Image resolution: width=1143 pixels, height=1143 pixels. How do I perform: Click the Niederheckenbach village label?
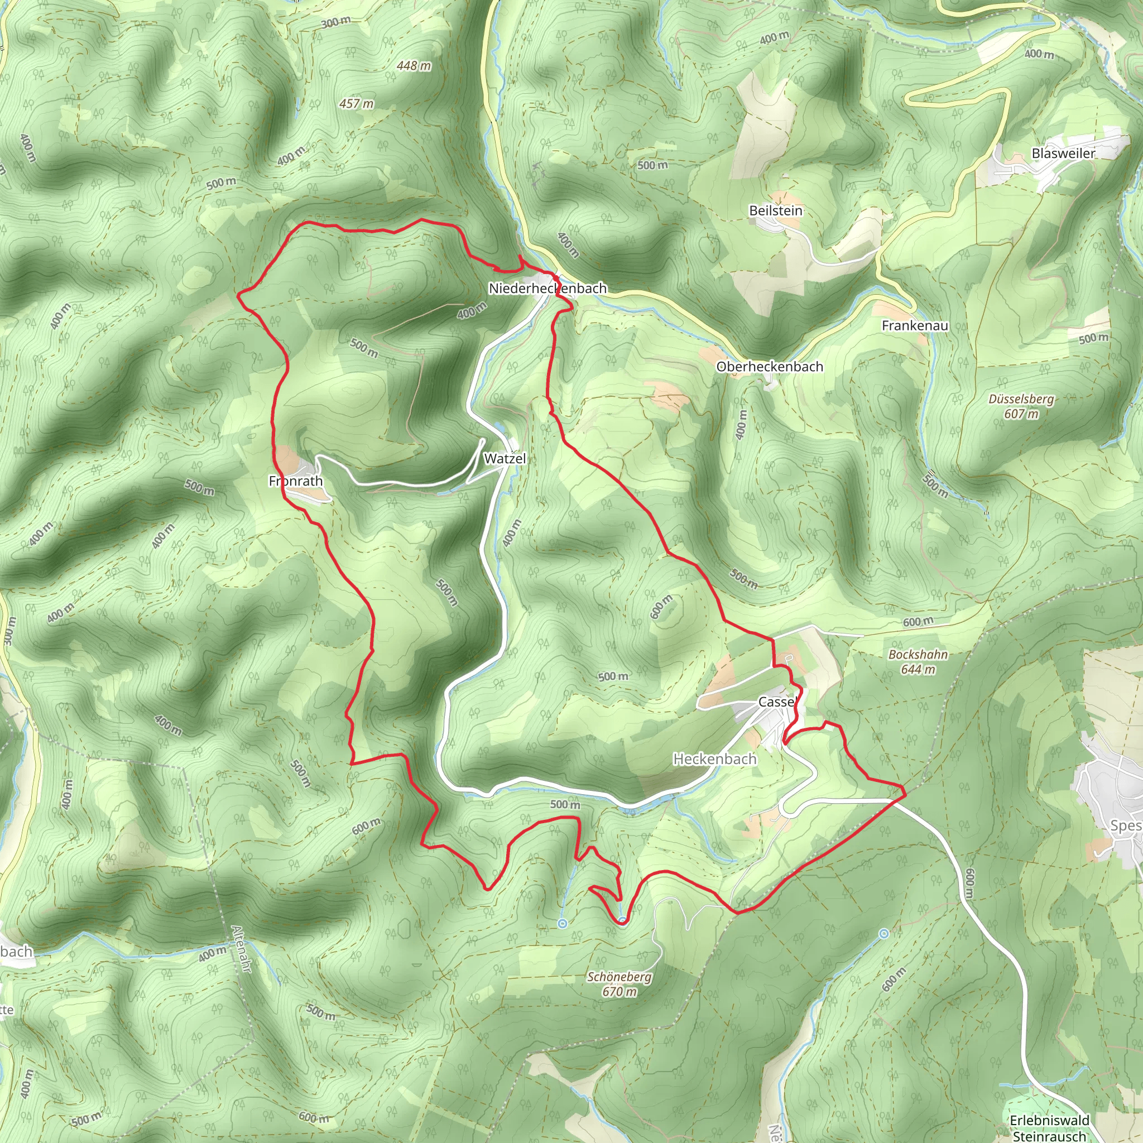(x=548, y=288)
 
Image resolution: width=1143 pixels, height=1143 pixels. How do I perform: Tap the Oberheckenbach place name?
(x=769, y=366)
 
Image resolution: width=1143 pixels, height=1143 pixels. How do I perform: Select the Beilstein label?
(x=775, y=210)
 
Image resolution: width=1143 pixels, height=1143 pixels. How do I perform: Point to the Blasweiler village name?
(x=1063, y=153)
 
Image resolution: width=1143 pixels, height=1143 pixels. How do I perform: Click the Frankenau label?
(x=915, y=325)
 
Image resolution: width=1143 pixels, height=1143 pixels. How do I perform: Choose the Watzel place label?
(x=505, y=459)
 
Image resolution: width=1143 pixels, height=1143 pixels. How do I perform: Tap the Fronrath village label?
(x=296, y=481)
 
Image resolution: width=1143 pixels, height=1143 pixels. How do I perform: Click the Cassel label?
(x=777, y=702)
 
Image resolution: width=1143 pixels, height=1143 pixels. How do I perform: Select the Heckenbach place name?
(x=715, y=758)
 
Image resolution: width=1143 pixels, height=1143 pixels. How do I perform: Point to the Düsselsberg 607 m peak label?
(x=1021, y=406)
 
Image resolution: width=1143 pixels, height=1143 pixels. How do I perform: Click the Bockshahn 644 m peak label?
(x=918, y=662)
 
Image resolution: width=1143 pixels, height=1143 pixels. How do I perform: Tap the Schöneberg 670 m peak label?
(x=619, y=984)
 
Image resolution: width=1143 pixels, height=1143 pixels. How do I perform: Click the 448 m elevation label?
(x=414, y=66)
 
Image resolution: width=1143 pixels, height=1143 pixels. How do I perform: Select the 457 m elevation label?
(x=356, y=104)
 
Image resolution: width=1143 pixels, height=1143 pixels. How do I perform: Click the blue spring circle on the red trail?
(x=622, y=920)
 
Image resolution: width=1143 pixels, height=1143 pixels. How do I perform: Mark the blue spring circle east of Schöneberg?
(x=883, y=934)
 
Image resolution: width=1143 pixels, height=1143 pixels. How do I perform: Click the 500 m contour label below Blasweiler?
(x=1093, y=338)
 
